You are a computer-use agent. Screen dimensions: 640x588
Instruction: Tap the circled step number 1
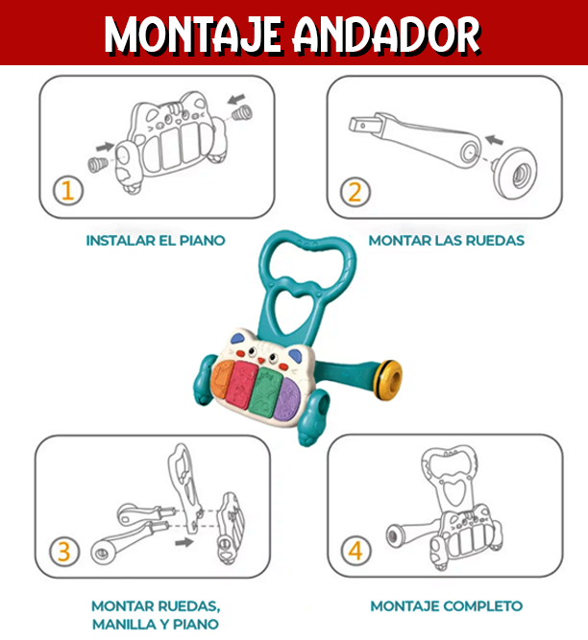coord(67,190)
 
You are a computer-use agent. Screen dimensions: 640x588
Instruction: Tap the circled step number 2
coord(355,190)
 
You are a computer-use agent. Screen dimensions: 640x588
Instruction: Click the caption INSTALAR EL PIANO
coord(156,240)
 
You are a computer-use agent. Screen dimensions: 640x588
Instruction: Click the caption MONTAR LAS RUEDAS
coord(447,240)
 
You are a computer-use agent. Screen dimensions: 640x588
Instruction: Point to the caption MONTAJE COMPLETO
coord(447,605)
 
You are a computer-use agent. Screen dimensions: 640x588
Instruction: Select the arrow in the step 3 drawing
coord(183,542)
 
